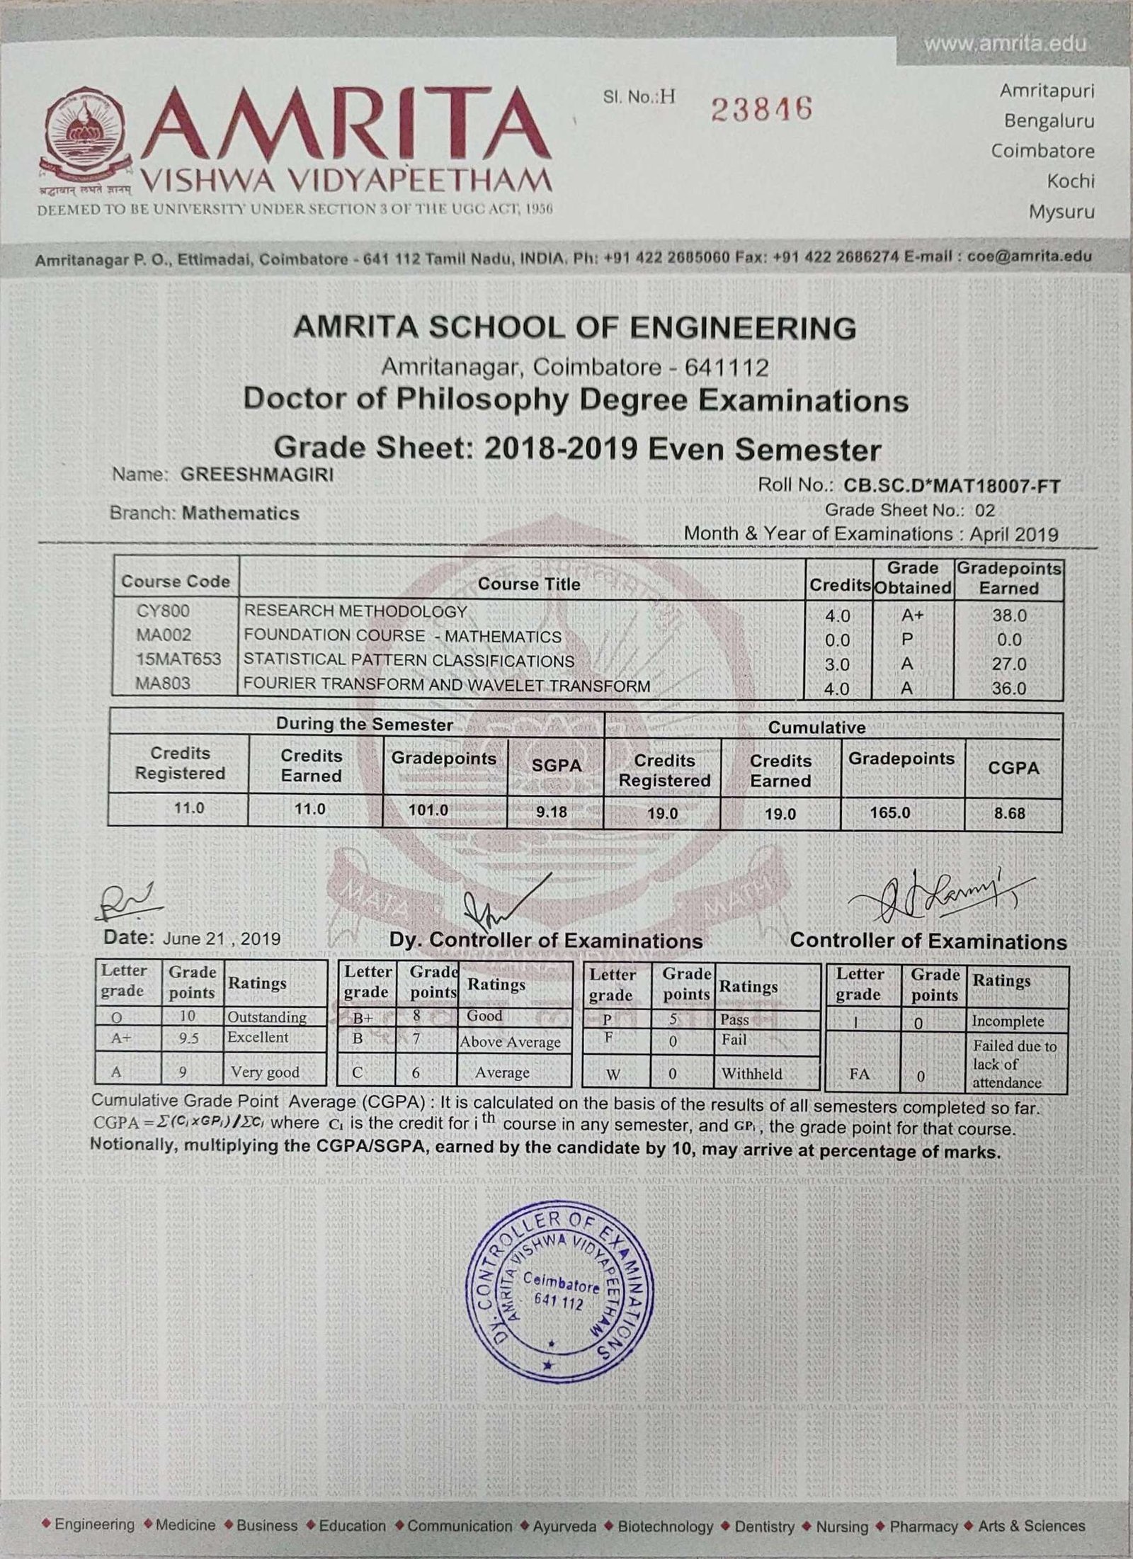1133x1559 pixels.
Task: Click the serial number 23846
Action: pos(761,109)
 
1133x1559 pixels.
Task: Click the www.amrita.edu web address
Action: pos(1005,44)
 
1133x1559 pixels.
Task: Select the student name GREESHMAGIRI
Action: pos(257,475)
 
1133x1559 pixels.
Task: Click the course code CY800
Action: pos(164,611)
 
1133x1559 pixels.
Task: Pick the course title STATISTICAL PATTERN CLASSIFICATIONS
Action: pos(409,661)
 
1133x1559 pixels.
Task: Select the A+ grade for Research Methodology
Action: pos(908,616)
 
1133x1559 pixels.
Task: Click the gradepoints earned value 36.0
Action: pos(1009,688)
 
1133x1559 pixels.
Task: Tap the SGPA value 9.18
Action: pos(551,812)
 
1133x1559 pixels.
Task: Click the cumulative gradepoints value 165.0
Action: pos(890,812)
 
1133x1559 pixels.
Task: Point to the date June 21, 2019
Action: pos(222,939)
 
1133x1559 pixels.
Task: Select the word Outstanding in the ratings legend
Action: pos(266,1017)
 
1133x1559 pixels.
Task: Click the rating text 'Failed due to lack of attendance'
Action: pos(1014,1064)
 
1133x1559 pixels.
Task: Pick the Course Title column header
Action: pos(528,584)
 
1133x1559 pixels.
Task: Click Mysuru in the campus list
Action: pos(1061,212)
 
